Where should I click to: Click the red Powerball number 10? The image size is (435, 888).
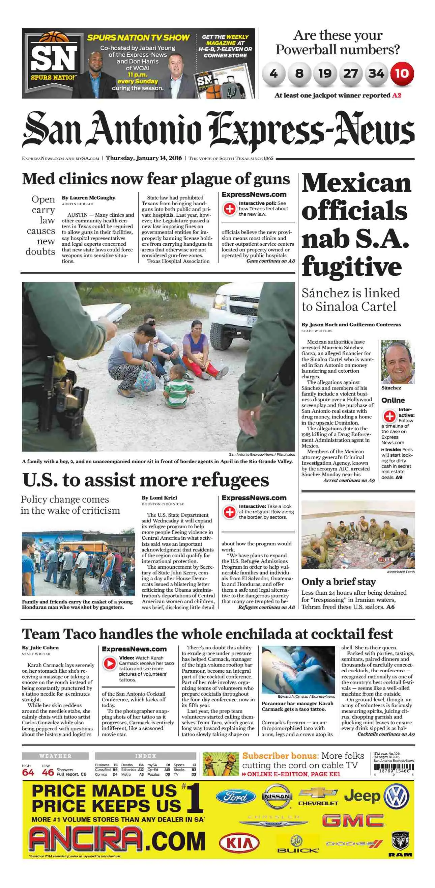tap(402, 74)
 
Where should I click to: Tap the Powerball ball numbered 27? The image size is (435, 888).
tap(350, 74)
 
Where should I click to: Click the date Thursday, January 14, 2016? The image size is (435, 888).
tap(144, 158)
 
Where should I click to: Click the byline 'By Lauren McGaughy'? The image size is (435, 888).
tap(88, 198)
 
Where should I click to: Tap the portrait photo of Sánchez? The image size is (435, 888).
tap(398, 362)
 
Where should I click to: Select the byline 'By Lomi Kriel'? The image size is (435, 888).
tap(159, 498)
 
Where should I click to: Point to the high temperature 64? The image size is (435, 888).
tap(28, 773)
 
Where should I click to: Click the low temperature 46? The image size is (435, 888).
tap(48, 773)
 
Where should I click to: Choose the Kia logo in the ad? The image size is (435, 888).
tap(239, 843)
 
